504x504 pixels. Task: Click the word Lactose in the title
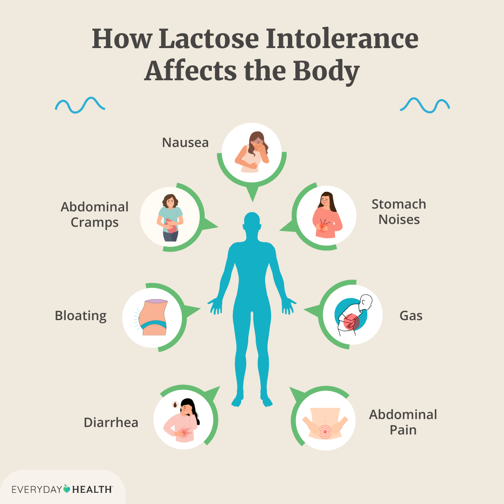[x=209, y=39]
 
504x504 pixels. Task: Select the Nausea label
[x=185, y=142]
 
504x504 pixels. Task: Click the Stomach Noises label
[x=399, y=212]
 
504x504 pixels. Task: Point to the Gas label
[x=411, y=315]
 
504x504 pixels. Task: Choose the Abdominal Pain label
[x=403, y=422]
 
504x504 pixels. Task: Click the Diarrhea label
[x=111, y=422]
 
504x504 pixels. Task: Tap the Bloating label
[x=81, y=316]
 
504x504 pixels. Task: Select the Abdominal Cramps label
[x=94, y=215]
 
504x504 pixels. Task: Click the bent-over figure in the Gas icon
[x=354, y=315]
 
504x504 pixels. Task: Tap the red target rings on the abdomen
[x=325, y=430]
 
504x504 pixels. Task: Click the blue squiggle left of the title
[x=80, y=105]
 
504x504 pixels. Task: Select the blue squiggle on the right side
[x=425, y=105]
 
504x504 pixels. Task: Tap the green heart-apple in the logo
[x=67, y=489]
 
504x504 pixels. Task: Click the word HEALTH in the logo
[x=92, y=490]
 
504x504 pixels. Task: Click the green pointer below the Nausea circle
[x=252, y=194]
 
